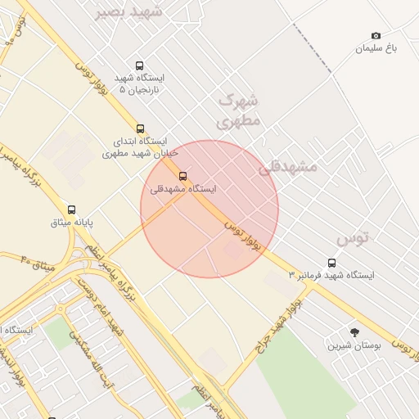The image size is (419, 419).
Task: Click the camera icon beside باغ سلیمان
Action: (x=376, y=36)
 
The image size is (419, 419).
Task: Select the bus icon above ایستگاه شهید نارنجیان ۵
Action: (x=140, y=66)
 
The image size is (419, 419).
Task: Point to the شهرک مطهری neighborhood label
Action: (x=238, y=110)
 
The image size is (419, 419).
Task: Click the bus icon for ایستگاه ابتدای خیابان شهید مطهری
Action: (x=141, y=128)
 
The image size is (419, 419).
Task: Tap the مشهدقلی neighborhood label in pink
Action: (x=287, y=166)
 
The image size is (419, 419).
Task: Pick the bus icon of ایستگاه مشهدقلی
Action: (x=182, y=176)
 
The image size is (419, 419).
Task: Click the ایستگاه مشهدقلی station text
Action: (x=183, y=189)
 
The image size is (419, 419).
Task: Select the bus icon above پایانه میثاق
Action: (x=72, y=209)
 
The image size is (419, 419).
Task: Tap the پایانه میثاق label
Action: (x=73, y=222)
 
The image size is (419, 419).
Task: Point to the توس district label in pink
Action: (x=354, y=237)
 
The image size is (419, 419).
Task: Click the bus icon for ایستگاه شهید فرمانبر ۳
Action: (x=331, y=263)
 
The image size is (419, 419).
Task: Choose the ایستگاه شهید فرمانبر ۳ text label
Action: (x=331, y=276)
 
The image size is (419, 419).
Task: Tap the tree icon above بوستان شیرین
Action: (x=354, y=332)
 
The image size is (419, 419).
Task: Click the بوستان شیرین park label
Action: (x=355, y=345)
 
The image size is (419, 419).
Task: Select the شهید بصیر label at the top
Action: (x=128, y=11)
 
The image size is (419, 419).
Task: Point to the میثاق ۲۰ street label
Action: (x=37, y=264)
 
